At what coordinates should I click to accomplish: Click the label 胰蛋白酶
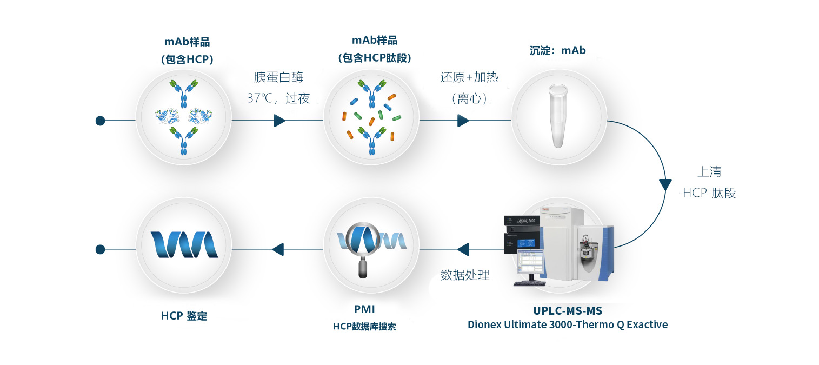278,77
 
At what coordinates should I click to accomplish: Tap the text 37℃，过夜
278,98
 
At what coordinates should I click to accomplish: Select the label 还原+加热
469,77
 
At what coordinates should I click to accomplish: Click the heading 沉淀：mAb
558,50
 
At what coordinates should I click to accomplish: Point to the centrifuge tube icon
558,116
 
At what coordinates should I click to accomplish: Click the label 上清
709,172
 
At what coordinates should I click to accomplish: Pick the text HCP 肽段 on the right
709,193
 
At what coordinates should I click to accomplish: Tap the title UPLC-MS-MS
567,310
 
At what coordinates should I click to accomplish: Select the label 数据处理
465,275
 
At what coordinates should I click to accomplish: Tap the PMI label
364,309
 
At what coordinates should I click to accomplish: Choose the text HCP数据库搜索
364,327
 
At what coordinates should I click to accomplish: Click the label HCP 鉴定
184,316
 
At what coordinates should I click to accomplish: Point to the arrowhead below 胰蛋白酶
279,121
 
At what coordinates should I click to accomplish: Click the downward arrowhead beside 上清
665,184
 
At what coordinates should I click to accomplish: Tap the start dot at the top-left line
100,121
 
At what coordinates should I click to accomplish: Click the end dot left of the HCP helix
100,249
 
